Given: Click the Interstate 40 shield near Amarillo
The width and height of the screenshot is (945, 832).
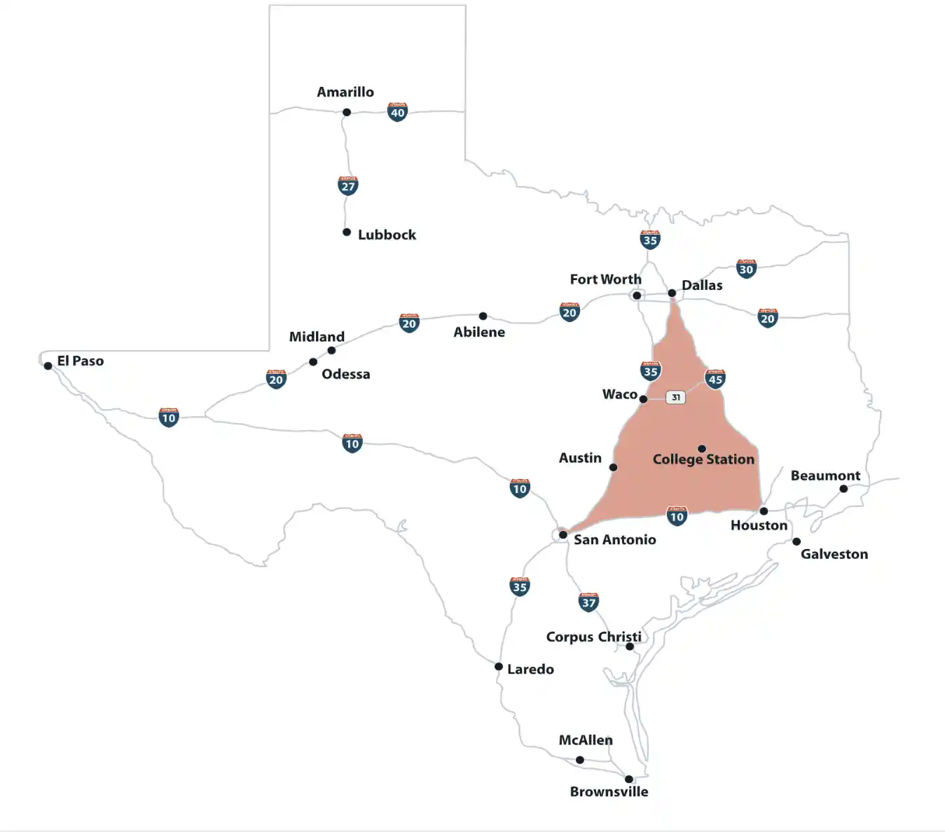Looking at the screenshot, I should pos(397,112).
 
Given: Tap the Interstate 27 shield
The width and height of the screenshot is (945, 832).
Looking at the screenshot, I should pos(347,186).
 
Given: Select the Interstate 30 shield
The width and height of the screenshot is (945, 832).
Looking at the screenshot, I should pos(746,269).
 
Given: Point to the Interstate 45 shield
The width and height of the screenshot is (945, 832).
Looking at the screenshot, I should pos(715,379).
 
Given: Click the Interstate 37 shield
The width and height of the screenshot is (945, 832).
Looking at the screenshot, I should pos(588,602).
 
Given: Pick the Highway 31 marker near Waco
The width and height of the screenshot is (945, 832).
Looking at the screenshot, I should pos(675,397).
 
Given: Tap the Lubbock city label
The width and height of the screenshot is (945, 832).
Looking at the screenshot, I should pos(387,235).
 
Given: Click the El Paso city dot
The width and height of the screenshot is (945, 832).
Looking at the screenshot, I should pos(48,366).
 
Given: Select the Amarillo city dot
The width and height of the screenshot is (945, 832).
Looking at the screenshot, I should pos(346,112).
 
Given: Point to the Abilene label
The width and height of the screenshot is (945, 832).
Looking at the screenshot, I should pos(479,332).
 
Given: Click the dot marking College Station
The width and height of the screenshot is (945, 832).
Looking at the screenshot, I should pos(701,449).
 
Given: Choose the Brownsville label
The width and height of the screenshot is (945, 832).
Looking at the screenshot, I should pos(609,791).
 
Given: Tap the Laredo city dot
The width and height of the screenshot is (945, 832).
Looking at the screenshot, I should pos(498,667).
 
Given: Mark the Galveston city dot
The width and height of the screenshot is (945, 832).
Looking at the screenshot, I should pos(796,541).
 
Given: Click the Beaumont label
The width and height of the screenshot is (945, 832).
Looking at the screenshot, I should pos(825,476).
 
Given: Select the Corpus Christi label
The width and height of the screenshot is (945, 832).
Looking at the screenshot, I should pos(593,637).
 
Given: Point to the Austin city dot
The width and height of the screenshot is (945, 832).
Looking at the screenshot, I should pos(613,467).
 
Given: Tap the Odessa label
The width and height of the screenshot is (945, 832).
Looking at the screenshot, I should pos(345,374).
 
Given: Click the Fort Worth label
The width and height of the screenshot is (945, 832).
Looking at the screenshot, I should pos(605,279).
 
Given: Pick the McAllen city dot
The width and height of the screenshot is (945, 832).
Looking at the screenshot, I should pos(579,760).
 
